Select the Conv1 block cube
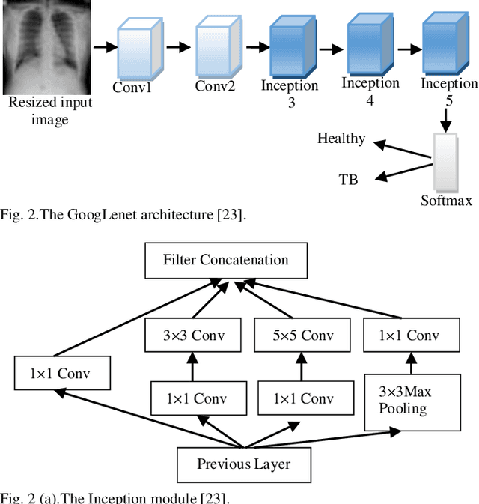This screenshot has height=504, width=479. pyautogui.click(x=138, y=50)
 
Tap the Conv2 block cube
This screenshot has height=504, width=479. pyautogui.click(x=219, y=49)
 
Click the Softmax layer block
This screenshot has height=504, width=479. pyautogui.click(x=445, y=162)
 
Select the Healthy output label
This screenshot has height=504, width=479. pyautogui.click(x=341, y=139)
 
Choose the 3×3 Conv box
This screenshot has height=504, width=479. pyautogui.click(x=194, y=336)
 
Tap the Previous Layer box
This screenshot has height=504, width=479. pyautogui.click(x=243, y=464)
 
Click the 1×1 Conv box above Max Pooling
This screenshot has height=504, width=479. pyautogui.click(x=411, y=336)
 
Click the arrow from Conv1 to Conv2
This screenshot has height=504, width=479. pyautogui.click(x=178, y=47)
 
